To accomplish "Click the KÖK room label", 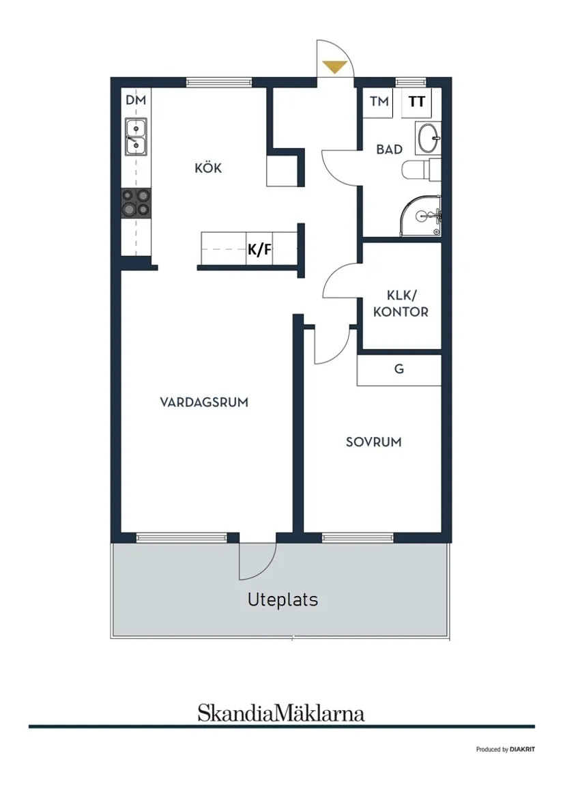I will [x=208, y=168].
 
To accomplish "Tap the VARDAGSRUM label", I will [x=204, y=402].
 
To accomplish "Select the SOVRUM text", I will [x=373, y=442].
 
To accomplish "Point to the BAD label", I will [x=389, y=149].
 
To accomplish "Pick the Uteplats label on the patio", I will [x=283, y=600].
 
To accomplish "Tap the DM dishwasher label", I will [x=136, y=100].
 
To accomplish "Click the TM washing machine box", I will [x=379, y=102].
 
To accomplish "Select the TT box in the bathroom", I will [x=417, y=102].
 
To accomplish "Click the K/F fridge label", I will [x=259, y=250].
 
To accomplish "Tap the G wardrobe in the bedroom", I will [x=399, y=369].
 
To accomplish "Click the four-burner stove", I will [x=136, y=203].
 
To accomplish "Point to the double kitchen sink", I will [x=136, y=136].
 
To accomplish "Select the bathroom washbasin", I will [x=429, y=138].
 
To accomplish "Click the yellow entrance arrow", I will [x=334, y=67].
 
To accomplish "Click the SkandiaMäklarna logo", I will [x=281, y=713].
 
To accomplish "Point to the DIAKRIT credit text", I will [x=505, y=749].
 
